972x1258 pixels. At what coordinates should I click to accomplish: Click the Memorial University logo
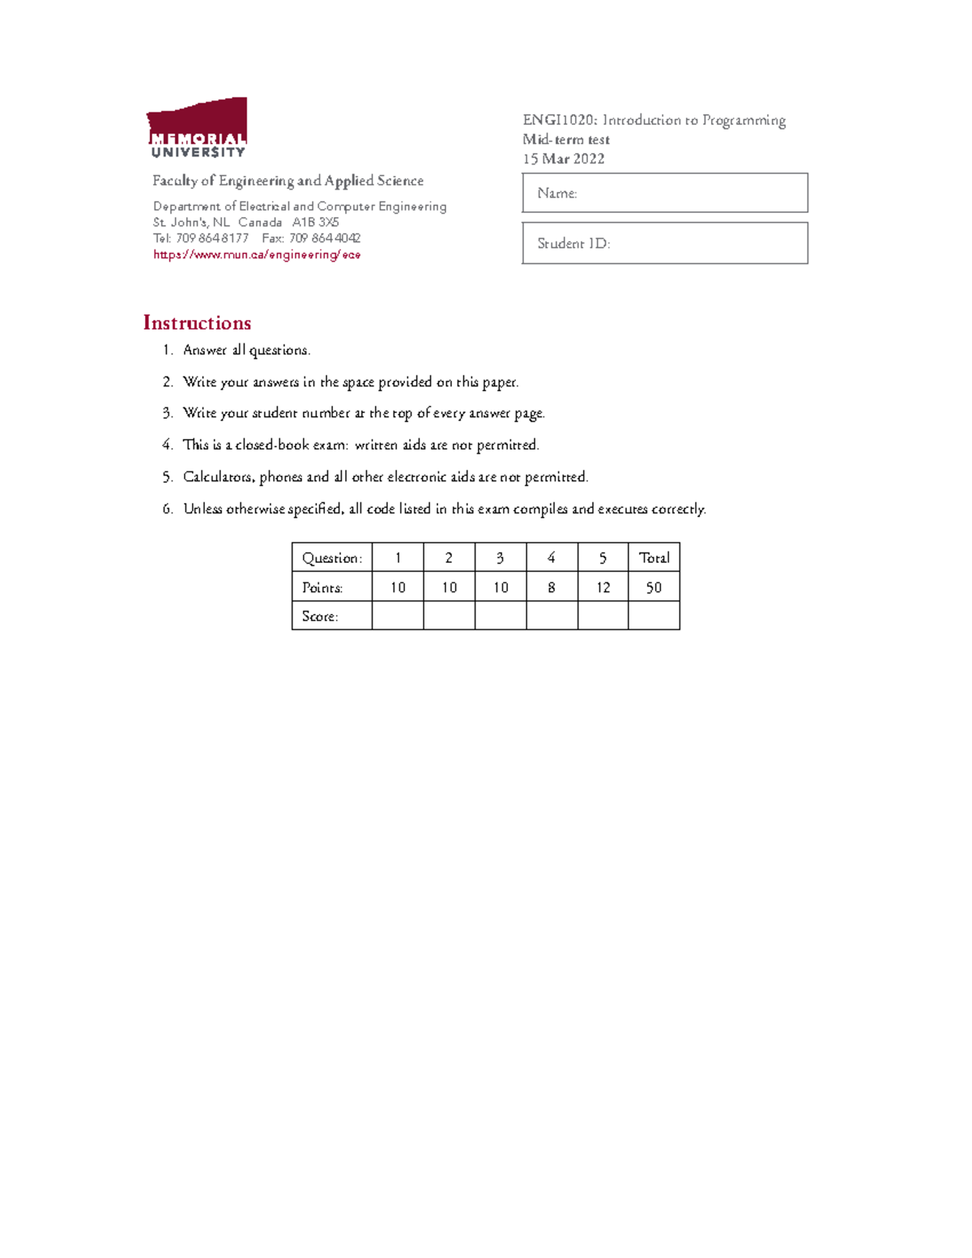pos(197,128)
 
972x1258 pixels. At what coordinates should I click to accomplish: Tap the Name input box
pos(665,193)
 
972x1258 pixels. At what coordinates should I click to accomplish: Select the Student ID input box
pos(665,243)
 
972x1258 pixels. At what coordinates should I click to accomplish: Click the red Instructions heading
pos(197,322)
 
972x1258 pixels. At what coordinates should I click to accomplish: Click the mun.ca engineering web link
pos(257,254)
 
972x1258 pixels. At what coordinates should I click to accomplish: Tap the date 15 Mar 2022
pos(564,159)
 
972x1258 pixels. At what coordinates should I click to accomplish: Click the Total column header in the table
pos(654,557)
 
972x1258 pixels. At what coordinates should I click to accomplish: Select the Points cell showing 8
pos(552,587)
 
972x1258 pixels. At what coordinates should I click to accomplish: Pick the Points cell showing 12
pos(603,587)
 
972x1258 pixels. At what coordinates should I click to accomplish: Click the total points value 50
pos(654,587)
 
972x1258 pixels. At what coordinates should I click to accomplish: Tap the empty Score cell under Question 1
pos(398,616)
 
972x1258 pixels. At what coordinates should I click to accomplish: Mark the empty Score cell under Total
pos(654,616)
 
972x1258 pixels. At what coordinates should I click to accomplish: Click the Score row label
pos(320,616)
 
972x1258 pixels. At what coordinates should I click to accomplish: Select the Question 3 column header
pos(500,557)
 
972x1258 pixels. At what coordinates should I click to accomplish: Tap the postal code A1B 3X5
pos(316,222)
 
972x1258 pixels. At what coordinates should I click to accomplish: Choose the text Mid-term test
pos(566,139)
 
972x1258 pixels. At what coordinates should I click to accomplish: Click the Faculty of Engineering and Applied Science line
pos(288,181)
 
